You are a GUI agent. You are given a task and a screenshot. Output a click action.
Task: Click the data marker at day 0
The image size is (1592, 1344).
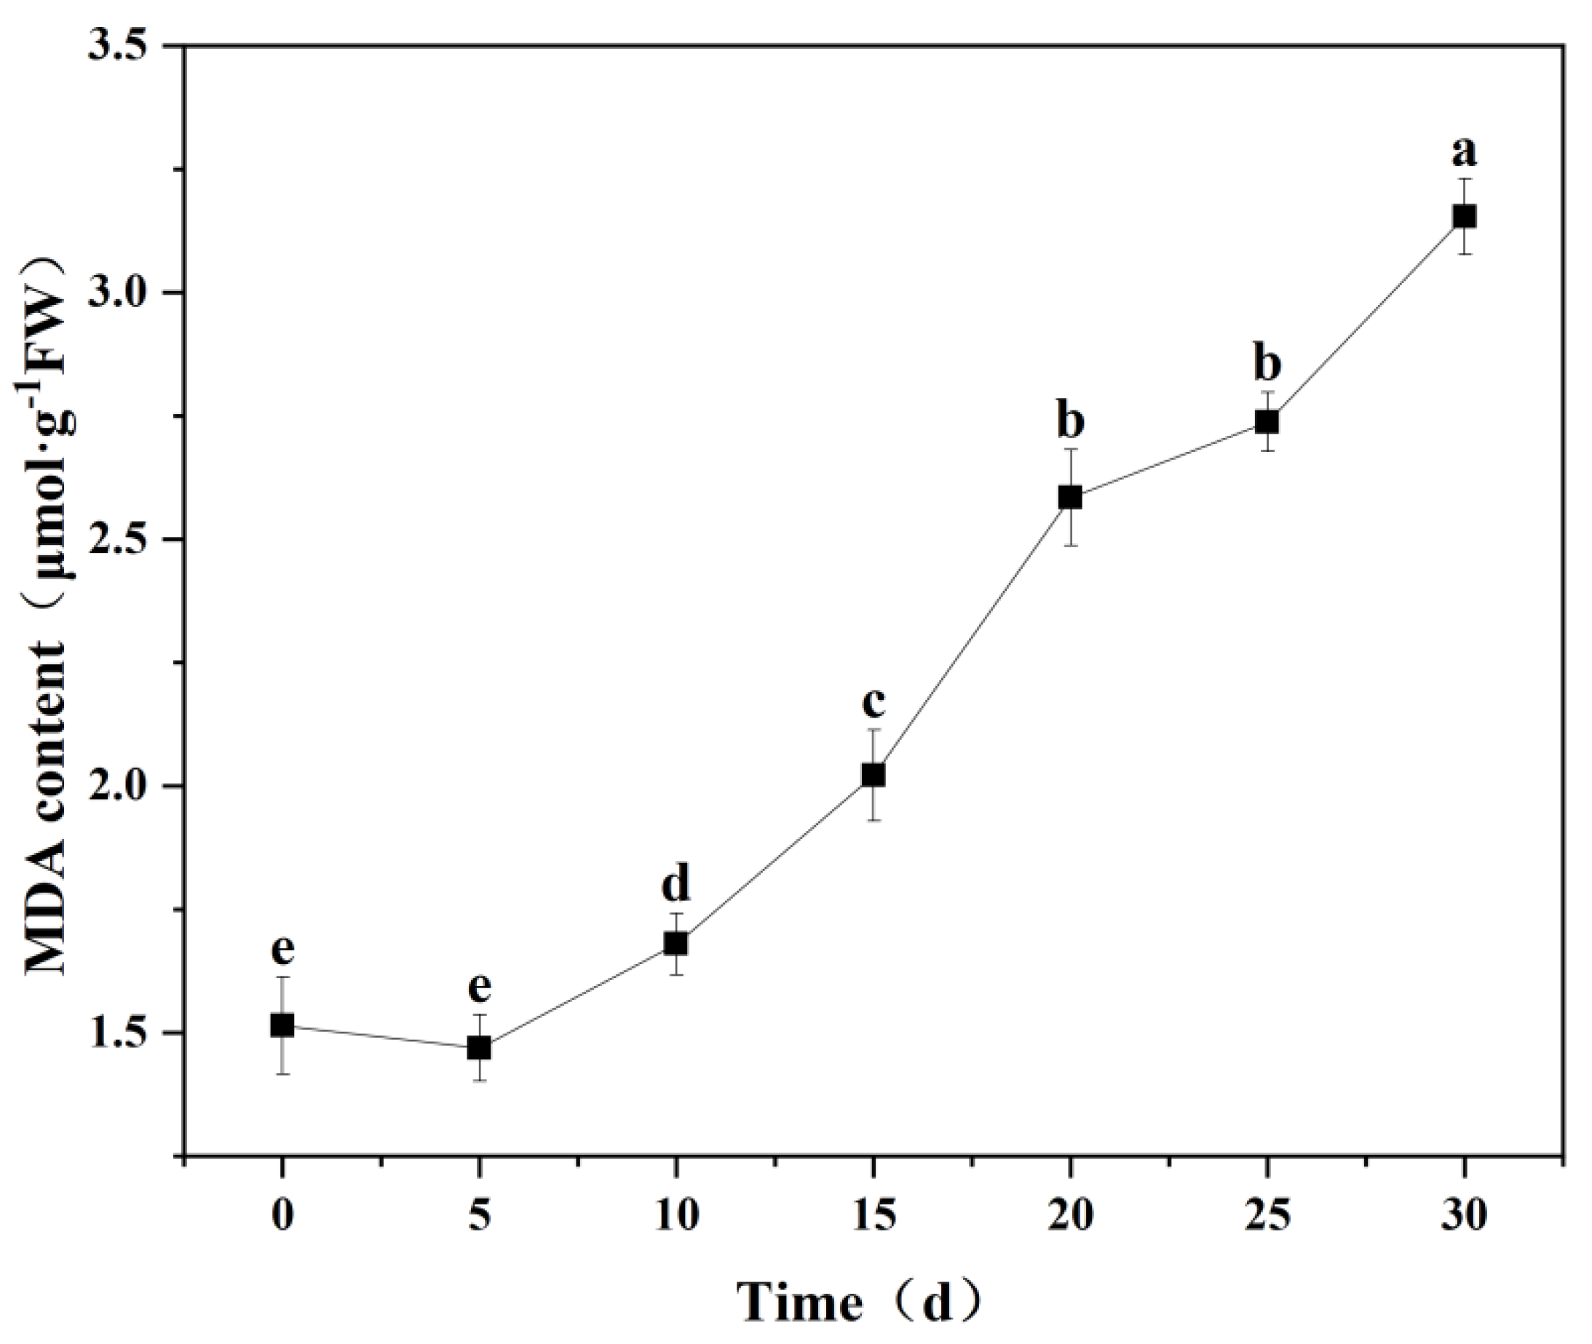coord(282,1025)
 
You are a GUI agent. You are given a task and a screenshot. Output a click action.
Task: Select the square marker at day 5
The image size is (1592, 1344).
coord(478,1048)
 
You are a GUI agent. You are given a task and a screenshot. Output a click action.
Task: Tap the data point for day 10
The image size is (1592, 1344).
coord(676,943)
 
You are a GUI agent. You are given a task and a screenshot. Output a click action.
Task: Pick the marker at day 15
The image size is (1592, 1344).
coord(873,775)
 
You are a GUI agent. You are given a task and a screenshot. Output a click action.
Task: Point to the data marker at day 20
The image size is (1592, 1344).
coord(1070,497)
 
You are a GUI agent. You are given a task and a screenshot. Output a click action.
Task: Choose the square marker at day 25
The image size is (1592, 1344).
coord(1267,421)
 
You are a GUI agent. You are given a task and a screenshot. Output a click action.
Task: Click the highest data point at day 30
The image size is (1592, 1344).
coord(1463,216)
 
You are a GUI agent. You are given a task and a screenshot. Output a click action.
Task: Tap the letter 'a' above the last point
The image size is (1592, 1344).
coord(1463,153)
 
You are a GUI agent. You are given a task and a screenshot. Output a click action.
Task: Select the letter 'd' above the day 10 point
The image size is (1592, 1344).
coord(676,884)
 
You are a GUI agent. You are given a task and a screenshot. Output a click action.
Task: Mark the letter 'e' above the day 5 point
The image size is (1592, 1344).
coord(478,987)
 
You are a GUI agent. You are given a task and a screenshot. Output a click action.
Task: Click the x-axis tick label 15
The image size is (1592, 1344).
coord(873,1214)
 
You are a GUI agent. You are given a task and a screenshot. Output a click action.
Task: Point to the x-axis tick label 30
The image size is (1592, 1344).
coord(1463,1214)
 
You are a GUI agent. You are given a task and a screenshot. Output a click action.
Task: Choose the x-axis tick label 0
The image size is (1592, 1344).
coord(282,1214)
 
